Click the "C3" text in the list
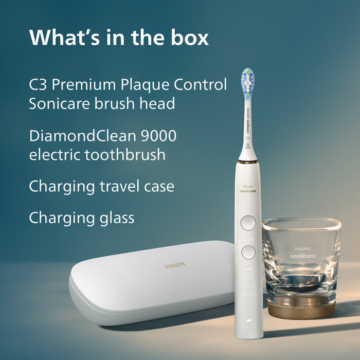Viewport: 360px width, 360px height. click(39, 84)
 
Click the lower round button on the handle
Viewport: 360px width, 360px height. click(248, 251)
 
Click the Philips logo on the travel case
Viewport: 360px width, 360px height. click(175, 265)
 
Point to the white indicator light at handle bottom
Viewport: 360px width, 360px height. click(248, 322)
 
